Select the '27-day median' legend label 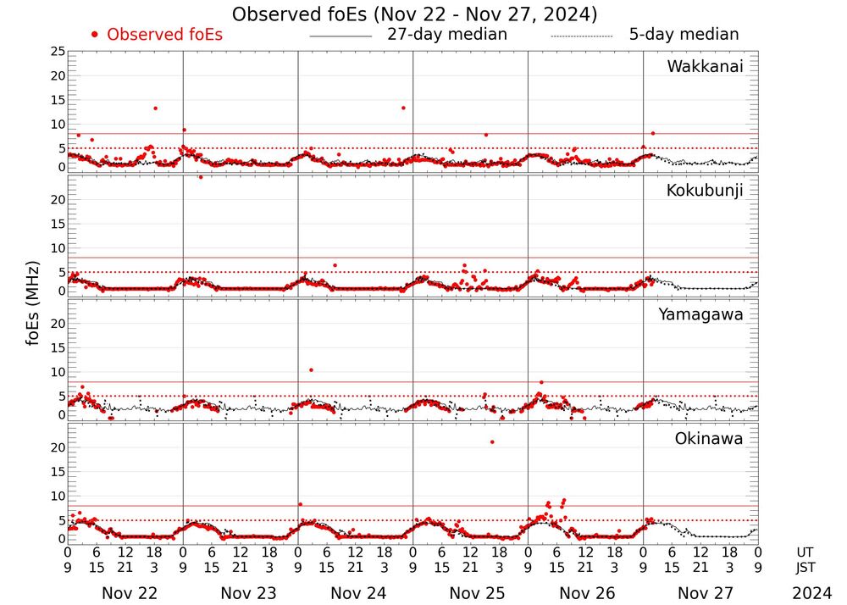tap(446, 35)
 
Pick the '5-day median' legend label tap(684, 35)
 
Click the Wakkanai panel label tap(705, 67)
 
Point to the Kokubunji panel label tap(705, 191)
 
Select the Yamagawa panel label tap(701, 314)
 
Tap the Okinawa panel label tap(709, 439)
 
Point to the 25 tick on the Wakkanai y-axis tap(58, 52)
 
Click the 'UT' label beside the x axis tap(805, 552)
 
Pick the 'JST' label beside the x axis tap(805, 568)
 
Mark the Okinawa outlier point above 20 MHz tap(492, 442)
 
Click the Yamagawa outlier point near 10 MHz tap(312, 370)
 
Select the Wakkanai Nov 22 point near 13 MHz tap(155, 108)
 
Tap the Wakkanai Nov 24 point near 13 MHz tap(403, 108)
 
